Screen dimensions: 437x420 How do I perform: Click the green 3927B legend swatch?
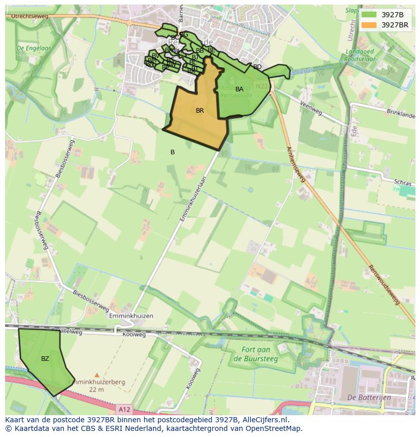pyautogui.click(x=369, y=14)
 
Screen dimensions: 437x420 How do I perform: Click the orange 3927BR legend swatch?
pyautogui.click(x=369, y=24)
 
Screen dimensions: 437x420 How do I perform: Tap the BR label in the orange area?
pyautogui.click(x=200, y=111)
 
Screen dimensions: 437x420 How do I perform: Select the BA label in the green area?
pyautogui.click(x=239, y=89)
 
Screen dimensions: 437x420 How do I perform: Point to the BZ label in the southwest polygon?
pyautogui.click(x=45, y=359)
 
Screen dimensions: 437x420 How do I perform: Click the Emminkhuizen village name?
pyautogui.click(x=131, y=316)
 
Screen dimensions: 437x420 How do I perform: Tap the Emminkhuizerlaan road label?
pyautogui.click(x=194, y=198)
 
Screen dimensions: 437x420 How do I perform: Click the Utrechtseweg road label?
pyautogui.click(x=27, y=17)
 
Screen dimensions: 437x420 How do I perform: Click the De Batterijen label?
pyautogui.click(x=369, y=397)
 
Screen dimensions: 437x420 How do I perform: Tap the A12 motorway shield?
pyautogui.click(x=123, y=409)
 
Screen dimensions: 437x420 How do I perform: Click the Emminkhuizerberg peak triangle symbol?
pyautogui.click(x=97, y=375)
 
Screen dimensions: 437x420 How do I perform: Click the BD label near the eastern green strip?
pyautogui.click(x=257, y=67)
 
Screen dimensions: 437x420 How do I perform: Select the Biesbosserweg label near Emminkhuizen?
pyautogui.click(x=91, y=300)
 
